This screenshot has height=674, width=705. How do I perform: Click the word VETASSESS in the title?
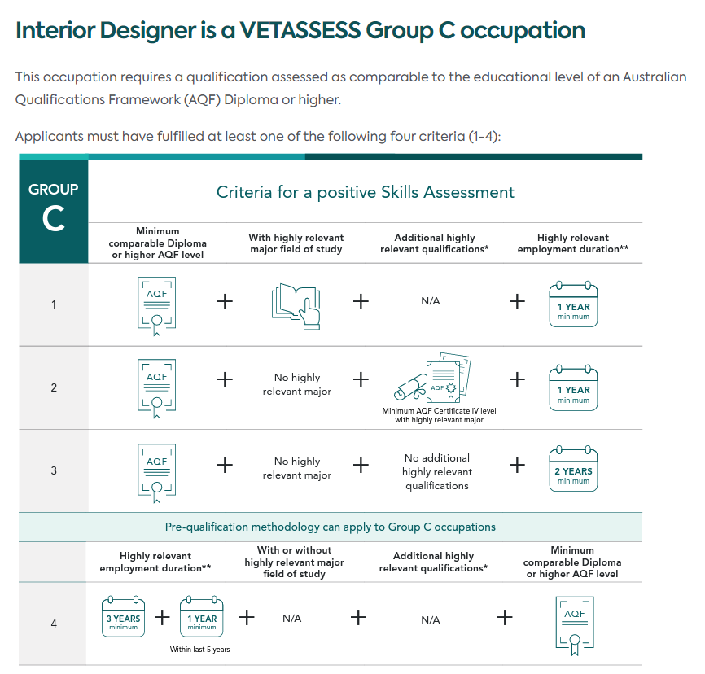click(x=300, y=31)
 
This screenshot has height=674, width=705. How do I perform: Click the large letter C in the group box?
click(x=53, y=219)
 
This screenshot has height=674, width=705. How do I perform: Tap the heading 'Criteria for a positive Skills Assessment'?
click(x=365, y=192)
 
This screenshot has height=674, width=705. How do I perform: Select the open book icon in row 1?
click(x=296, y=306)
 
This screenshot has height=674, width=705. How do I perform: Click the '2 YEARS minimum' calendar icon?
click(x=573, y=469)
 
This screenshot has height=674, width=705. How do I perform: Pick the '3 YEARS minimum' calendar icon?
click(x=123, y=616)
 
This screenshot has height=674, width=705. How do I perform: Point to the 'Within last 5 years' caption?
click(x=199, y=650)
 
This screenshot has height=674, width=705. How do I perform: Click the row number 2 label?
click(x=54, y=387)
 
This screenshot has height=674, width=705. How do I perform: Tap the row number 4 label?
click(x=54, y=624)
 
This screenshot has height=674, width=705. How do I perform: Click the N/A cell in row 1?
click(x=431, y=301)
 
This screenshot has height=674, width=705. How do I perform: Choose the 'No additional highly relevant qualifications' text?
click(x=437, y=471)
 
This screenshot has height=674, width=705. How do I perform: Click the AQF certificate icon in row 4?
click(x=575, y=625)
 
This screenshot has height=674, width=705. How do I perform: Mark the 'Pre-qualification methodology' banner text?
click(x=330, y=527)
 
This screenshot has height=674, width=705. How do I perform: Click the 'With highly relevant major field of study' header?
click(x=296, y=243)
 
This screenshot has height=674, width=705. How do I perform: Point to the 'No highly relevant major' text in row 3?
click(x=297, y=468)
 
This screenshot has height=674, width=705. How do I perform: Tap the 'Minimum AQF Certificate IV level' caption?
click(x=439, y=410)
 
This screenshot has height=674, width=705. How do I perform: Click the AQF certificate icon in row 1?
click(x=156, y=306)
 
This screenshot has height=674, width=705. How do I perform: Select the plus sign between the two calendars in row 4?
click(x=162, y=617)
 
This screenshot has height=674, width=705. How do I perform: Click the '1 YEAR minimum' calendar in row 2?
click(x=573, y=387)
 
